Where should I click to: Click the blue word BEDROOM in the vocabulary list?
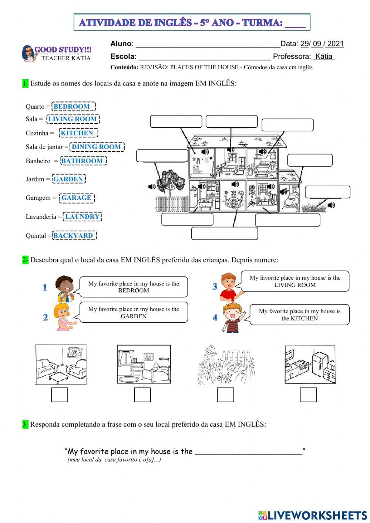coord(72,107)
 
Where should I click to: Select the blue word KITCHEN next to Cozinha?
coord(77,133)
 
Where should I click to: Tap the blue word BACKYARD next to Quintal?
coord(73,235)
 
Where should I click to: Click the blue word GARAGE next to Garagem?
coord(76,198)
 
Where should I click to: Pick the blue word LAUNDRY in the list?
coord(82,217)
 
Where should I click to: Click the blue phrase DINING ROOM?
coord(96,147)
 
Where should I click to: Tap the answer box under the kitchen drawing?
coord(308,395)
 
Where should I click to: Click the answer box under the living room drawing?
coord(59,395)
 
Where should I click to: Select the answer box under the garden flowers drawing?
coord(225,395)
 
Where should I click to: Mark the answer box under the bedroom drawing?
coord(142,395)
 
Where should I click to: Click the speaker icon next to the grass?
coord(331,205)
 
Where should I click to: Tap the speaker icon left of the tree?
coord(151,187)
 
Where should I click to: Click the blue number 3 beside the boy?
coord(215,286)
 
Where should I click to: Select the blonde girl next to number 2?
coord(63,316)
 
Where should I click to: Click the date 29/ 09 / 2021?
coord(322,44)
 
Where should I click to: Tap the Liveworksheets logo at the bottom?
coord(312,515)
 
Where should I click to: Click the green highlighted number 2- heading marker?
coord(25,260)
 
